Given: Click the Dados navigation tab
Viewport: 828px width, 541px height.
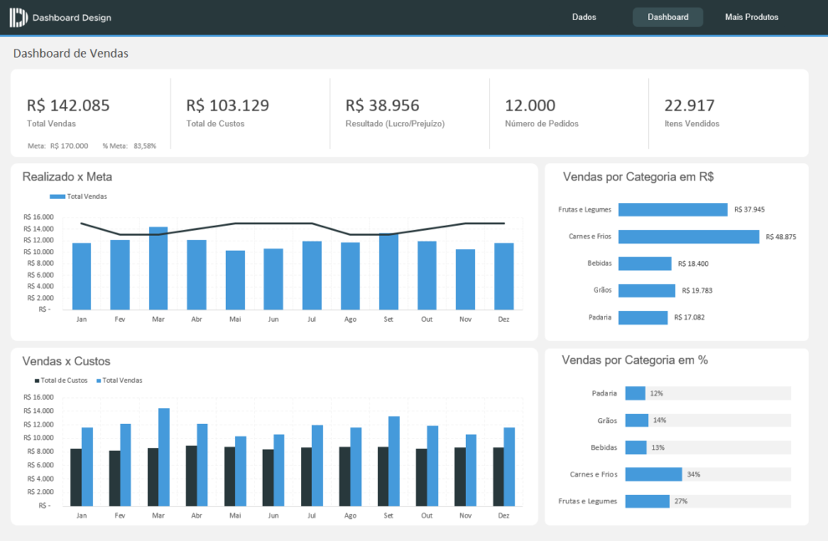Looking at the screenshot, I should click(x=584, y=17).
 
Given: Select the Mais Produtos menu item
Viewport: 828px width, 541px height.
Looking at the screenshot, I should click(x=751, y=17).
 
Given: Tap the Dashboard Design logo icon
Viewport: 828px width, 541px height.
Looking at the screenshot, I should click(x=18, y=18).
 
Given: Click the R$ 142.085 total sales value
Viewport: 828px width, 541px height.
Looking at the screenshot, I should click(x=69, y=105).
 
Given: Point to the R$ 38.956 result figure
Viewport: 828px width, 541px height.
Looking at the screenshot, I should click(x=382, y=105).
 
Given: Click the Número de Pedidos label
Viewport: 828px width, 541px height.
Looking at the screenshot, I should click(x=541, y=124).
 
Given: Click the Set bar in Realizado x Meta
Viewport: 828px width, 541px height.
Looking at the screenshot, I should click(x=388, y=271).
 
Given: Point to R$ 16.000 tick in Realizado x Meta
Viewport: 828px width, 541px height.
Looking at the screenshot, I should click(x=38, y=217).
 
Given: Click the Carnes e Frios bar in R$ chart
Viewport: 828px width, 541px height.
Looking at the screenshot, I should click(x=688, y=237).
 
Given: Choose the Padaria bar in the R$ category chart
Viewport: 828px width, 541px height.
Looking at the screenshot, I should click(x=642, y=318).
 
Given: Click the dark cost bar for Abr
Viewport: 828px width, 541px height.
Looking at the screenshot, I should click(x=192, y=475).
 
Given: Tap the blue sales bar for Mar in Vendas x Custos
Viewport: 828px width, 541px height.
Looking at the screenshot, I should click(x=164, y=457).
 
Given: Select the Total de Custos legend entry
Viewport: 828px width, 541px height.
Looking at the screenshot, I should click(x=60, y=380).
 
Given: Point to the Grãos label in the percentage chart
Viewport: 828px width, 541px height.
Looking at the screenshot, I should click(x=607, y=421).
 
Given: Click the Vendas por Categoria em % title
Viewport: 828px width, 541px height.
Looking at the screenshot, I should click(x=635, y=360).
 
